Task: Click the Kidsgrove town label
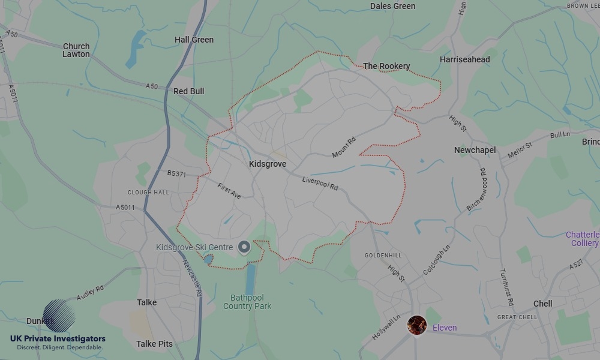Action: [268, 164]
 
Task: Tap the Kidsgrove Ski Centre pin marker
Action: [244, 247]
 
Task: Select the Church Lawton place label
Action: [76, 50]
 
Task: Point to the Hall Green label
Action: [194, 40]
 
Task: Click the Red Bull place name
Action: [188, 91]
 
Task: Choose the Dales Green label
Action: [392, 6]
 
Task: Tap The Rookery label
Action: [386, 66]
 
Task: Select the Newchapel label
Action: [475, 150]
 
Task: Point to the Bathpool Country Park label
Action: [247, 302]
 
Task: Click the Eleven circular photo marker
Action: [416, 325]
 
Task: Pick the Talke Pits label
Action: [154, 344]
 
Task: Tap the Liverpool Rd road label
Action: [320, 183]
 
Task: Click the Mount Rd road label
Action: [344, 148]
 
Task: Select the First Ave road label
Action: [229, 191]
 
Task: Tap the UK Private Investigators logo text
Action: [58, 339]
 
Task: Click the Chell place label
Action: [542, 304]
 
